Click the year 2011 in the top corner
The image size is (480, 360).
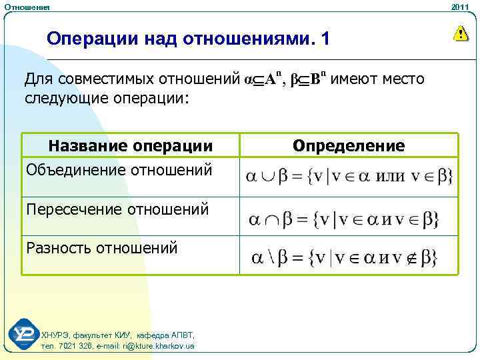coord(460,6)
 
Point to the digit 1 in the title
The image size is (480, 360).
coord(325,39)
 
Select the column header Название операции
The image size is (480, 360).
coord(131,145)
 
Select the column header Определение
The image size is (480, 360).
coord(349,145)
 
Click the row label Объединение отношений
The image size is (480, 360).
coord(120,170)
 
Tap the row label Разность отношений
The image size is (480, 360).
coord(101,249)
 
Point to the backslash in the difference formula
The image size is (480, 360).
coord(275,258)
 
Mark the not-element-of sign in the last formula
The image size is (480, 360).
coord(413,258)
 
